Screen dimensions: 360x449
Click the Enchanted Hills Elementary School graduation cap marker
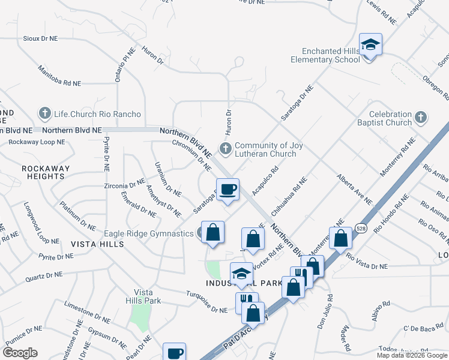(x=370, y=44)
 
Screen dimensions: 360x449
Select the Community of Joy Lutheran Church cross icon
(x=226, y=148)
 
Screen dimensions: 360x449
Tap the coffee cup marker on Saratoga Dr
(x=228, y=190)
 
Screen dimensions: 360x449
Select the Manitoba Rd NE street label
(x=59, y=76)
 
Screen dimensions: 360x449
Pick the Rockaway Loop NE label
(x=36, y=142)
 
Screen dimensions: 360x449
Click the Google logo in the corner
(x=20, y=352)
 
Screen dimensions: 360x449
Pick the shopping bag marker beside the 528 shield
(x=340, y=238)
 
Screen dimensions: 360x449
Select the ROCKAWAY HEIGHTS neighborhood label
(x=46, y=172)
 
